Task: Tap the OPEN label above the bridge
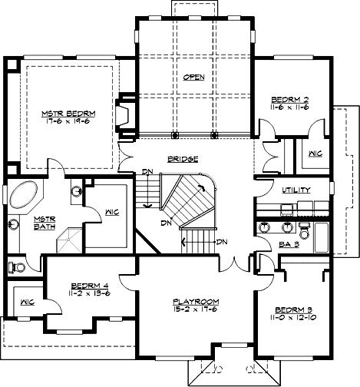tap(194, 78)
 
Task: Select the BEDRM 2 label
tap(290, 101)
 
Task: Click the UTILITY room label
tap(296, 190)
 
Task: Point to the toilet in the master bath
tap(17, 266)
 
